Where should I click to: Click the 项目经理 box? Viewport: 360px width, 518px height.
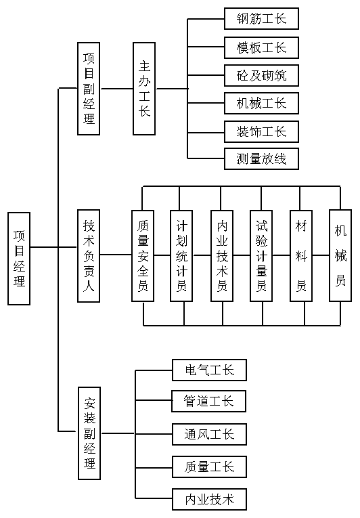click(19, 259)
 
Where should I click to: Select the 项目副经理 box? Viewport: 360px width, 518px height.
click(89, 89)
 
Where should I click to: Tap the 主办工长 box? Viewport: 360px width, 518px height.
click(144, 89)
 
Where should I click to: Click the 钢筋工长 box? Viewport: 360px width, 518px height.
click(261, 18)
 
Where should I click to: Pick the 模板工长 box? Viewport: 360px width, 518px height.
click(261, 47)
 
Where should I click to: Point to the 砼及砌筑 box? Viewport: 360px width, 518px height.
click(261, 76)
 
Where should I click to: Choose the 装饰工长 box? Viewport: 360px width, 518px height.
click(261, 132)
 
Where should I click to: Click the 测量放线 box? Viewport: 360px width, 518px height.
click(261, 159)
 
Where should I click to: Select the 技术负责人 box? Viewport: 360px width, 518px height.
click(89, 256)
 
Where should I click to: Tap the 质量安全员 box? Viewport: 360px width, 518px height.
click(143, 256)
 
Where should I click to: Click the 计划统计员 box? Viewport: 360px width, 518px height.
click(181, 256)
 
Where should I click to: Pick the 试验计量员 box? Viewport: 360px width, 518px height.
click(261, 256)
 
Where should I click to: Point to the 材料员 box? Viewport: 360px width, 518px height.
click(301, 256)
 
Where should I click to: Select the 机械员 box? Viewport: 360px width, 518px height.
click(340, 255)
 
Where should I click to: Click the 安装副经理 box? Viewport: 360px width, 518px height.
click(89, 433)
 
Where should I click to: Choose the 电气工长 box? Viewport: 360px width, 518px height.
click(209, 370)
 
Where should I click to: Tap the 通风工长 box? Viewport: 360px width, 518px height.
click(209, 434)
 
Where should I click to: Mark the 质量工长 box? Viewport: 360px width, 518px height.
click(209, 467)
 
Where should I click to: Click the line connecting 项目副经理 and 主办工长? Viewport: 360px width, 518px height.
click(116, 89)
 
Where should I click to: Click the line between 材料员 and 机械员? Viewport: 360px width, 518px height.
click(321, 255)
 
